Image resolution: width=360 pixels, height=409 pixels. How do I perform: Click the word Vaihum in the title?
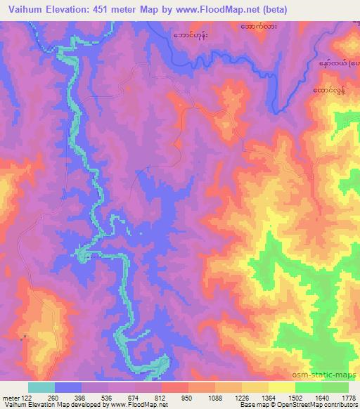coord(23,8)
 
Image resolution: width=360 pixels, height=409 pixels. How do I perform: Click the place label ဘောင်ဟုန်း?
coord(196,34)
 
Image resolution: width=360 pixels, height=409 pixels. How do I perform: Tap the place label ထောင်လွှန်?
coord(330,91)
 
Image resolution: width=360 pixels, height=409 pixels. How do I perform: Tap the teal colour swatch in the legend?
coord(41,387)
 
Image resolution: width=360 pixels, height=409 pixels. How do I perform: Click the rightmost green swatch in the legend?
coord(335,387)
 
